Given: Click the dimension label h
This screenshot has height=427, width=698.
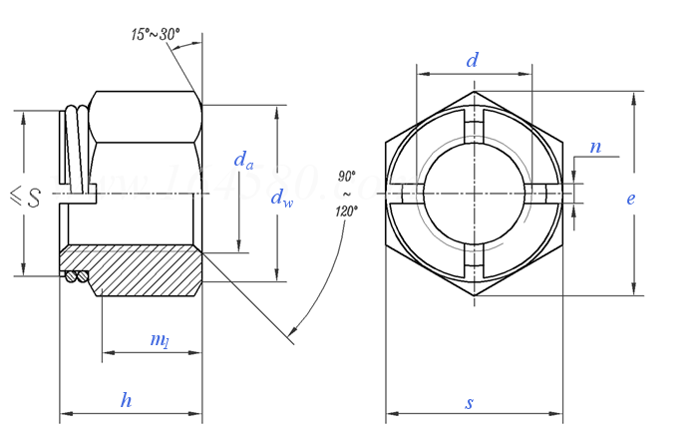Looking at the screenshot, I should pyautogui.click(x=127, y=400).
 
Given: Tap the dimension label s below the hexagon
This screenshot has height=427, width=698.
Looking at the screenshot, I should pyautogui.click(x=470, y=403).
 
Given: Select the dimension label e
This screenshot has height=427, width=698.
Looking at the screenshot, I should pyautogui.click(x=630, y=198).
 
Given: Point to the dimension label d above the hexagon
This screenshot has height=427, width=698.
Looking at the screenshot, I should pyautogui.click(x=473, y=60).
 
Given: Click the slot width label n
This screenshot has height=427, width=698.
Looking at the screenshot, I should pyautogui.click(x=595, y=147).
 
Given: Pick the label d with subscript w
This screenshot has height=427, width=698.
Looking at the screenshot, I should pyautogui.click(x=282, y=199).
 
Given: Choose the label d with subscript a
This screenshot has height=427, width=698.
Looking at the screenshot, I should pyautogui.click(x=243, y=159).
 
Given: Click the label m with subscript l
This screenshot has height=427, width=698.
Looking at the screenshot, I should pyautogui.click(x=159, y=340).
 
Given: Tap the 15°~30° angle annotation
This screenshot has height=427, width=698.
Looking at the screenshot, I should pyautogui.click(x=155, y=35).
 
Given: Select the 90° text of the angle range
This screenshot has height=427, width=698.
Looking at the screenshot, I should pyautogui.click(x=347, y=175).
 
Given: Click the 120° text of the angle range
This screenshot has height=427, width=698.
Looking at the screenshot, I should pyautogui.click(x=347, y=212).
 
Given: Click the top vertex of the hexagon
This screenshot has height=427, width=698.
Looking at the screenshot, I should pyautogui.click(x=474, y=92).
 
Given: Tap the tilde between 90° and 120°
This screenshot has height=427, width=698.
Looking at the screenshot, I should pyautogui.click(x=347, y=193).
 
